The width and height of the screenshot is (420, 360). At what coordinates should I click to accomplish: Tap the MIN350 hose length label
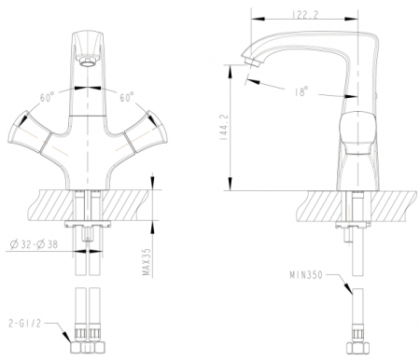click(307, 276)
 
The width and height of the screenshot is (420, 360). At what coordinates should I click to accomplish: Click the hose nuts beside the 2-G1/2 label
click(86, 340)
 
